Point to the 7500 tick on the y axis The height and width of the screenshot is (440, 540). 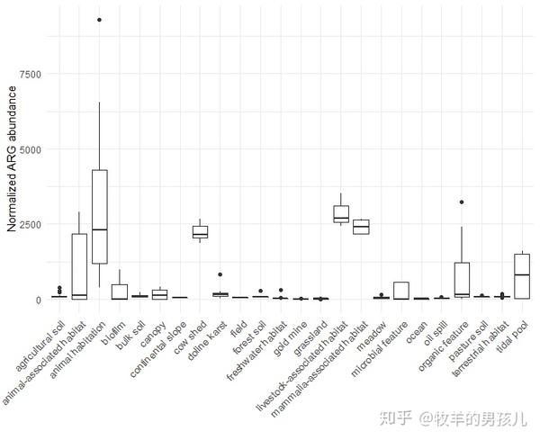30,74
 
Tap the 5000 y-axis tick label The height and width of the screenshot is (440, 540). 30,149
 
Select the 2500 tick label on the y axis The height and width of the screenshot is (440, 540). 30,224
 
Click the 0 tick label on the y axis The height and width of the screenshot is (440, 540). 38,300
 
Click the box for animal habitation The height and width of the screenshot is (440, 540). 99,216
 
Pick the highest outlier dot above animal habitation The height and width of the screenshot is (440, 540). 99,20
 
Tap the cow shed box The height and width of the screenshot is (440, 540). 200,232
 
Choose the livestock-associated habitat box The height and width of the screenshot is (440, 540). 341,213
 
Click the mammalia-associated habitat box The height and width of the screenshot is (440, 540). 361,226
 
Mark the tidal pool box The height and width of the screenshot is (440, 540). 522,275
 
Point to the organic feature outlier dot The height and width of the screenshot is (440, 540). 462,202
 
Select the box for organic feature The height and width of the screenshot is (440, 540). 462,280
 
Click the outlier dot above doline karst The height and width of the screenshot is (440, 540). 220,274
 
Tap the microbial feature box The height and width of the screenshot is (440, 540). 401,290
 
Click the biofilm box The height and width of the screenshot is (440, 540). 119,292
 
